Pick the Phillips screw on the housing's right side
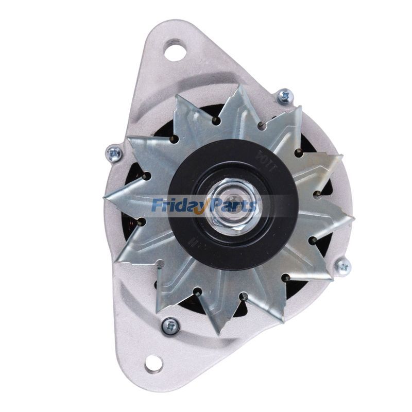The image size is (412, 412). coord(342,266)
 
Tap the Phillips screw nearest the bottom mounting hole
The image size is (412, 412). coord(170,325)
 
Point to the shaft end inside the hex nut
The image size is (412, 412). coord(229,204)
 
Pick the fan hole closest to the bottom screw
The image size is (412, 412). coord(197,291)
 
